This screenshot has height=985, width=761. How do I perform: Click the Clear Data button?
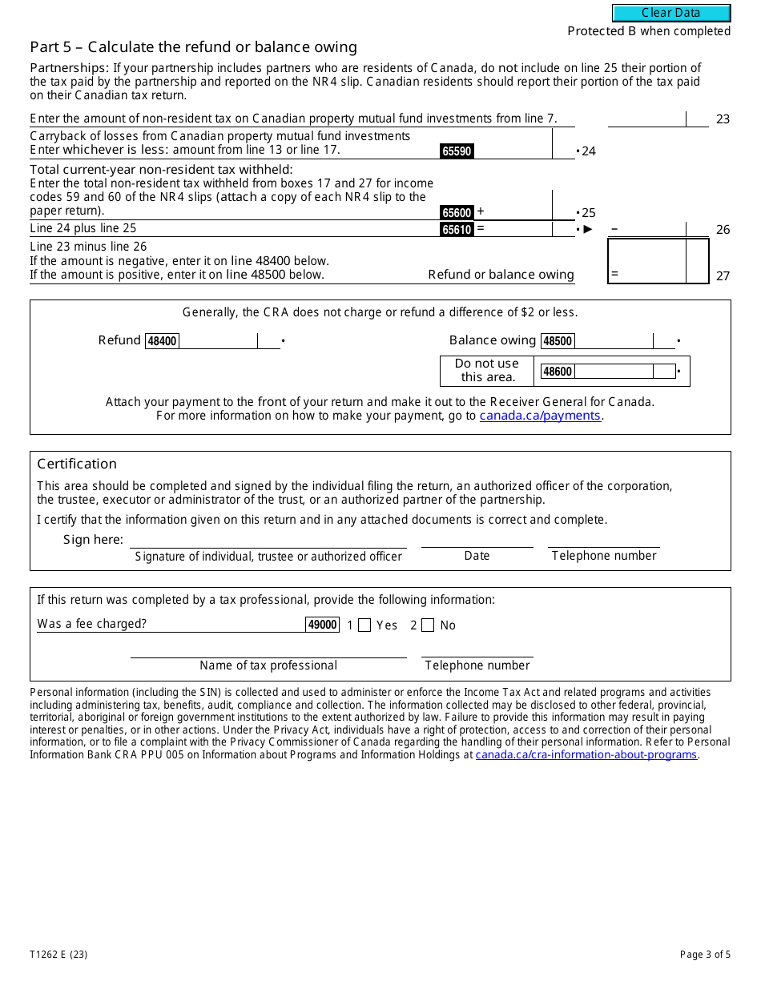[x=671, y=13]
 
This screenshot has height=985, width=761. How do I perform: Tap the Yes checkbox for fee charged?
[x=364, y=625]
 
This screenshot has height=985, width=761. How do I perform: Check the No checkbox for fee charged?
[x=428, y=625]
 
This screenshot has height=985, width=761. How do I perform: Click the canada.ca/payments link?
[x=540, y=416]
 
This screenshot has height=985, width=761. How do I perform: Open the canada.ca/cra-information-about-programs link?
[x=586, y=754]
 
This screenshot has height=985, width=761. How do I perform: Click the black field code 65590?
[x=457, y=151]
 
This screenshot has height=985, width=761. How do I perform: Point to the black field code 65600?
[x=457, y=212]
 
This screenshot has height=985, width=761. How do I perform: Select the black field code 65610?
[x=457, y=229]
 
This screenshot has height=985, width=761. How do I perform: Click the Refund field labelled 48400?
[x=217, y=341]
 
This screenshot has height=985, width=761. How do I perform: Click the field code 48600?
[x=558, y=372]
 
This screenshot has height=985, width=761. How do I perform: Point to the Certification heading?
[x=77, y=464]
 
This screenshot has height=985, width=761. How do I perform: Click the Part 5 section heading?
[x=193, y=47]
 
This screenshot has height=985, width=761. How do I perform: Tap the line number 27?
[x=723, y=275]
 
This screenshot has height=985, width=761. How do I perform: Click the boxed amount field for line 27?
[x=647, y=261]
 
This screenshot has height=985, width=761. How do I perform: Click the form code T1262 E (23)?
[x=58, y=954]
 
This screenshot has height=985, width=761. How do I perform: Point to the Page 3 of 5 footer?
[x=704, y=954]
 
